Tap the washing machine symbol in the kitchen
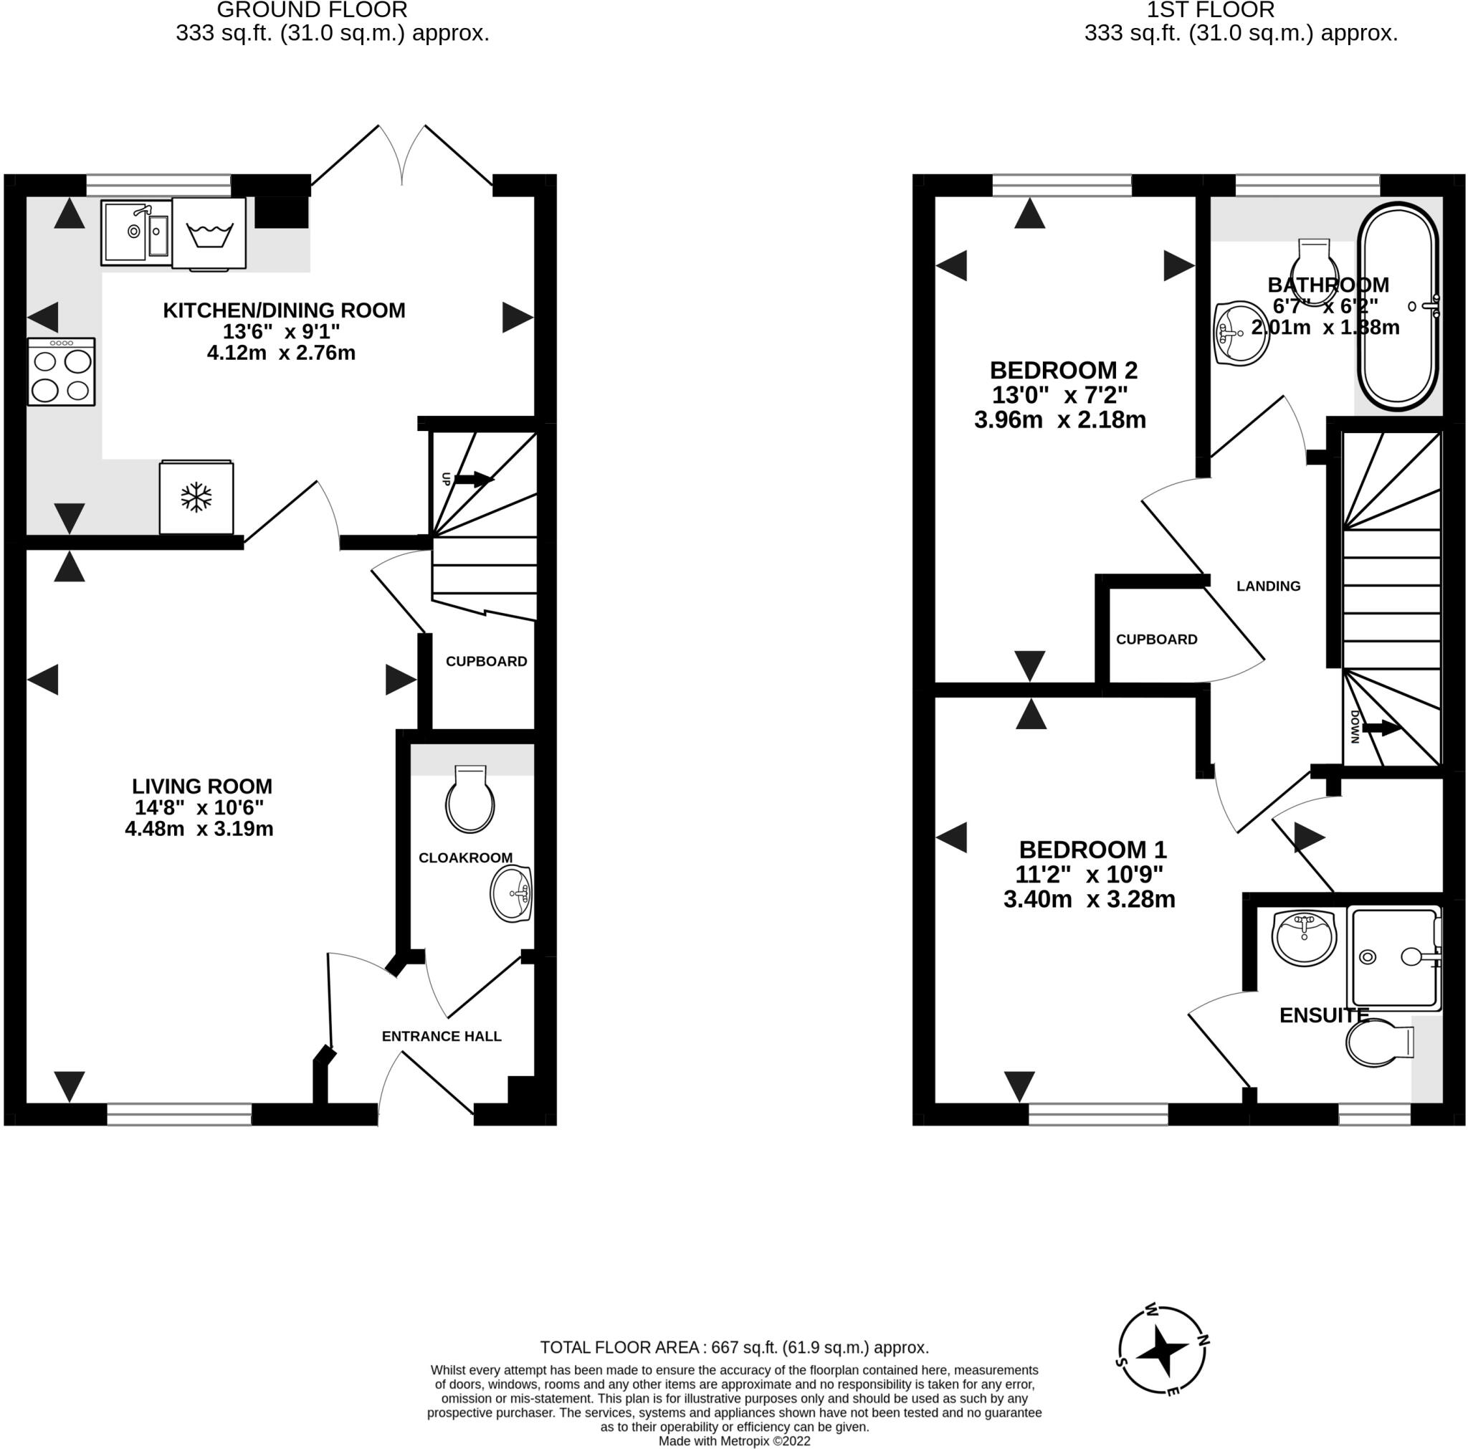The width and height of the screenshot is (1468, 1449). point(209,233)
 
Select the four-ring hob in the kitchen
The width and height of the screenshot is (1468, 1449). point(62,372)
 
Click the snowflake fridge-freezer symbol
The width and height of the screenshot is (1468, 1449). point(196,497)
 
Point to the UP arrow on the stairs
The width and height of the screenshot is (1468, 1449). point(472,480)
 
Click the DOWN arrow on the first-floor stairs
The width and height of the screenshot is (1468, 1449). point(1381,728)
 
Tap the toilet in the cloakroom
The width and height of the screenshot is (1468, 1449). point(470,800)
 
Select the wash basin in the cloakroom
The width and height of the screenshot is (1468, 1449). point(511,894)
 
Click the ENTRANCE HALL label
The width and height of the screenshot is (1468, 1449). point(442,1037)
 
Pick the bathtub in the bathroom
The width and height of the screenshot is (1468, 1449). point(1398,306)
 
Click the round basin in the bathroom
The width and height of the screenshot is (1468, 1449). point(1241,333)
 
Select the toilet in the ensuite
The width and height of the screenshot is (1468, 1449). point(1378,1043)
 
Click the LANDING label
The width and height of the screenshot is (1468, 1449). point(1268,586)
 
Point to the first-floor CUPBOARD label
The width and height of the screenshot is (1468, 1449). point(1156,640)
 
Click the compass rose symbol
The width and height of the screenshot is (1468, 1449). point(1162,1350)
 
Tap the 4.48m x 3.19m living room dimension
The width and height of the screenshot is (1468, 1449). point(199,829)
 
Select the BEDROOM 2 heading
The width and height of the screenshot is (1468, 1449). point(1063,370)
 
